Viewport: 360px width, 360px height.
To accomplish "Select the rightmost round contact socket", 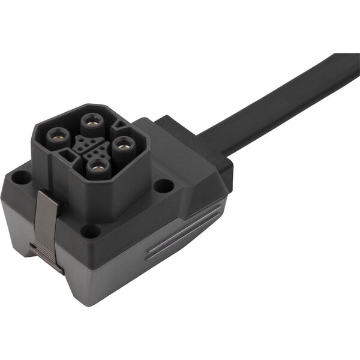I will pos(124,144).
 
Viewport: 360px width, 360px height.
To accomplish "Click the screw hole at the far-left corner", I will pos(22,178).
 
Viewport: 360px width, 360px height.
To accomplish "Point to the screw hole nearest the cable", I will pos(163,185).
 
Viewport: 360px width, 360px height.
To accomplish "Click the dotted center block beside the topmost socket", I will pos(83,142).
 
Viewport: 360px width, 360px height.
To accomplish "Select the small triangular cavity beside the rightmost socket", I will pos(120,125).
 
